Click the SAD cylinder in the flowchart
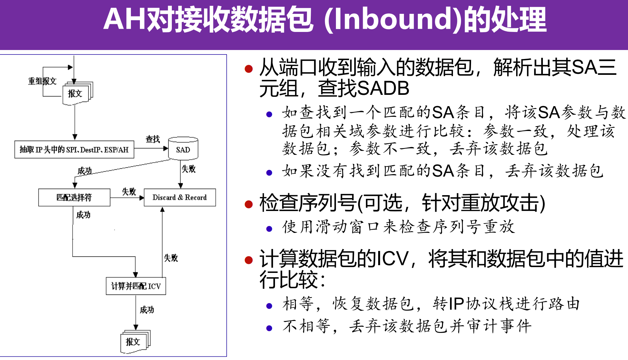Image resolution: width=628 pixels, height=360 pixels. [x=183, y=149]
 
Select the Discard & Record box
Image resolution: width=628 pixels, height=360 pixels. [x=180, y=197]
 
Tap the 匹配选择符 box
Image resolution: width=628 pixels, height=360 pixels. [x=74, y=197]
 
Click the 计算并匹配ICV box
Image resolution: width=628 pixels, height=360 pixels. [x=136, y=286]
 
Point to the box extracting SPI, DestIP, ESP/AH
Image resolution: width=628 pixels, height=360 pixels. [x=74, y=150]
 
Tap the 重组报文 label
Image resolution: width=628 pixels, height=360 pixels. [x=42, y=81]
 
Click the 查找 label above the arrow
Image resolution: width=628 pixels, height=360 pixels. [x=152, y=139]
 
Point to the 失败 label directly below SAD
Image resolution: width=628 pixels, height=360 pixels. [x=189, y=169]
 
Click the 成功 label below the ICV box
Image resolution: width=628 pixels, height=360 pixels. [x=147, y=310]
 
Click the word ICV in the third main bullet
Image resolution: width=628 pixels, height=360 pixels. [x=392, y=259]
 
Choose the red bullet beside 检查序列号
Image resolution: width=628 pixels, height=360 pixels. [x=249, y=204]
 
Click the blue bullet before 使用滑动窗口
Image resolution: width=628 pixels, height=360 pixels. [x=269, y=229]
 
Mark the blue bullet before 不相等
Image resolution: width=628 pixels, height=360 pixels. [x=269, y=328]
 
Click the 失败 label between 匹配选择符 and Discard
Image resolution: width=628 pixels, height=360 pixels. [x=129, y=192]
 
